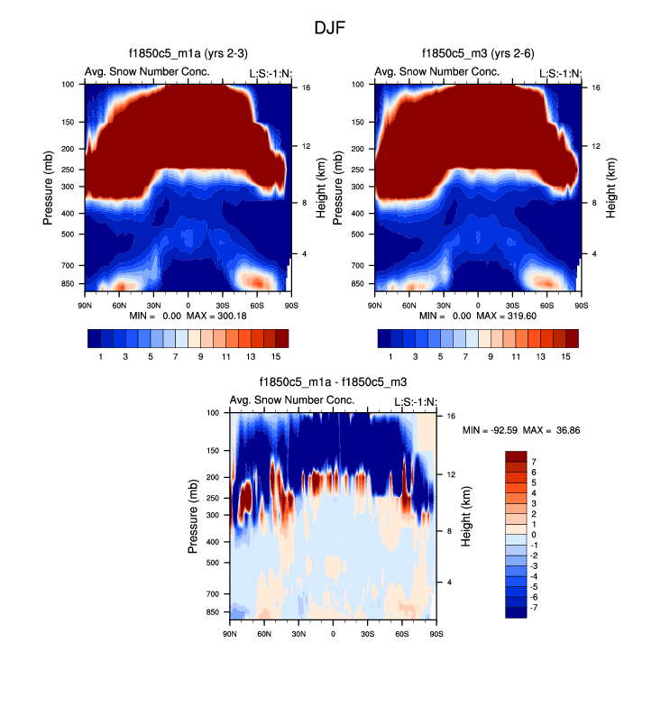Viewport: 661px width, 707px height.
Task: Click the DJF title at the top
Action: pyautogui.click(x=330, y=28)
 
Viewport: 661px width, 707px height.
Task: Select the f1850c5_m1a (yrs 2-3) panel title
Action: pyautogui.click(x=188, y=55)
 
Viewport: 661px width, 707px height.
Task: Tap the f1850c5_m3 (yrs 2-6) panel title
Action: pyautogui.click(x=478, y=55)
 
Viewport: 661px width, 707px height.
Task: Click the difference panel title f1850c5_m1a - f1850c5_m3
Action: pyautogui.click(x=333, y=383)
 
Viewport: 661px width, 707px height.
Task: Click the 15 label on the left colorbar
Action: pyautogui.click(x=276, y=357)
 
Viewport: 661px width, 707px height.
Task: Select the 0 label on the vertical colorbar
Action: pyautogui.click(x=533, y=536)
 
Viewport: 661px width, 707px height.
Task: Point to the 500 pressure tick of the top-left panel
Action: pyautogui.click(x=67, y=234)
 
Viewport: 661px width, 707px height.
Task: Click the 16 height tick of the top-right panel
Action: pyautogui.click(x=596, y=87)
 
